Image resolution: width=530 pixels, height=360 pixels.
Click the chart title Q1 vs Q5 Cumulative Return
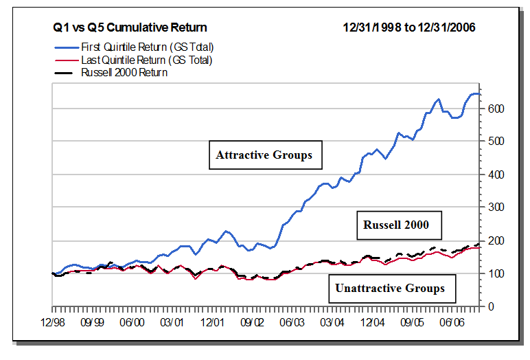[x=130, y=27]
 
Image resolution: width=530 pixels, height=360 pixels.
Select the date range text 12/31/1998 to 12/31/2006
[x=409, y=27]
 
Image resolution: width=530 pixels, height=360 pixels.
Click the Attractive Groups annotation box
[x=264, y=155]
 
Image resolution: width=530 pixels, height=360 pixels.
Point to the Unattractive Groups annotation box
[x=389, y=288]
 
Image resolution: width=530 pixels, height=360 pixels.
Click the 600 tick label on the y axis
[x=496, y=109]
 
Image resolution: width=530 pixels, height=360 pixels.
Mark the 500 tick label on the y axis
[x=496, y=142]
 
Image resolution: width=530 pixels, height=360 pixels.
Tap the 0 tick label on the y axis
[x=490, y=306]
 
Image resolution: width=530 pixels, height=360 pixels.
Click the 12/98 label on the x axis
[x=53, y=321]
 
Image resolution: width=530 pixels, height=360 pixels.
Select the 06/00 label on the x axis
[x=132, y=321]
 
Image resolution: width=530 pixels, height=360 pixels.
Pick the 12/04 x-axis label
[x=372, y=321]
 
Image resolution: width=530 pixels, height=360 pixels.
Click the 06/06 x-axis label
[x=452, y=321]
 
